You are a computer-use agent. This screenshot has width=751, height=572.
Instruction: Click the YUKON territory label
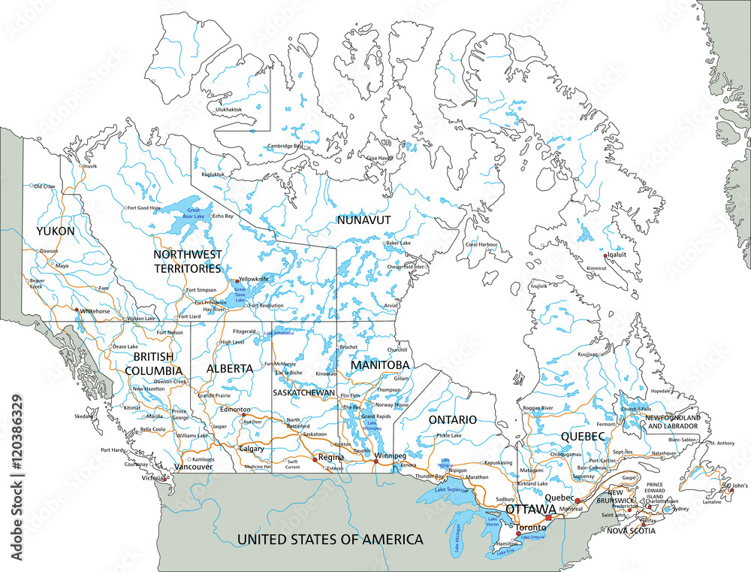[56, 232]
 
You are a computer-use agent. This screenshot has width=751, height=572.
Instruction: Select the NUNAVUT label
[363, 220]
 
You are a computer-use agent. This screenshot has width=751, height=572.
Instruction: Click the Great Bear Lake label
[195, 213]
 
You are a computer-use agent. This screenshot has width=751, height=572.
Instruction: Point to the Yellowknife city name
[253, 278]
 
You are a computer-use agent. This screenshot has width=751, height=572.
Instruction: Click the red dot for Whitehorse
[76, 310]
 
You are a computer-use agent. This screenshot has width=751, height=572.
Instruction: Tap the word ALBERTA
[229, 369]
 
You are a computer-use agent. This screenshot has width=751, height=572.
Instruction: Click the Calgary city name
[252, 449]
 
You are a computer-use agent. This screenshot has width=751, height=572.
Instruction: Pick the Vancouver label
[194, 467]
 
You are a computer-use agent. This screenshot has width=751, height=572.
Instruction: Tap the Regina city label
[330, 457]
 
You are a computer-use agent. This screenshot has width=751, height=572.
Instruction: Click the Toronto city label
[531, 528]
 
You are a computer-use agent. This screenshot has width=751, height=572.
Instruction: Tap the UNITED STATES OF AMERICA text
[330, 540]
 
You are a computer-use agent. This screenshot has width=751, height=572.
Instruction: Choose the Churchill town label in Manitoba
[397, 350]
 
